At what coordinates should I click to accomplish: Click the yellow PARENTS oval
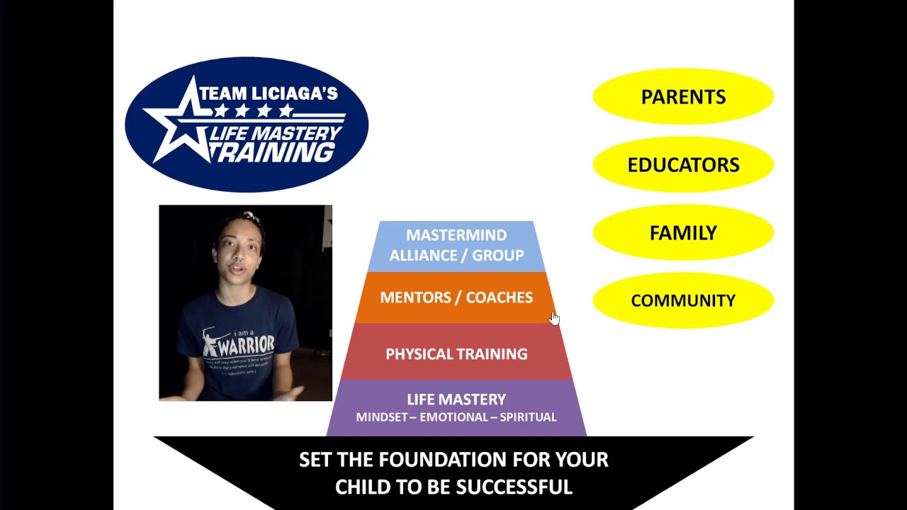683,96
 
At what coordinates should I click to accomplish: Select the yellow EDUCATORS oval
683,164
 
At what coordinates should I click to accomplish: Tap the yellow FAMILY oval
683,232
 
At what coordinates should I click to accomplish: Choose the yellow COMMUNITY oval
683,300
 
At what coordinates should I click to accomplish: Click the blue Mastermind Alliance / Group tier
456,245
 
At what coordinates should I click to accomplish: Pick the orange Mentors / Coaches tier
456,297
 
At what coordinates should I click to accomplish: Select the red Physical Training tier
456,353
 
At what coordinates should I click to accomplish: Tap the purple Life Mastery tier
456,407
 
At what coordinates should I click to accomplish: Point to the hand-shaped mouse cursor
554,318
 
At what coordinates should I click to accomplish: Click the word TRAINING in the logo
276,152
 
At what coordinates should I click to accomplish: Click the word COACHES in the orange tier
500,297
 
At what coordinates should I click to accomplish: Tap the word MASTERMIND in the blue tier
456,235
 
